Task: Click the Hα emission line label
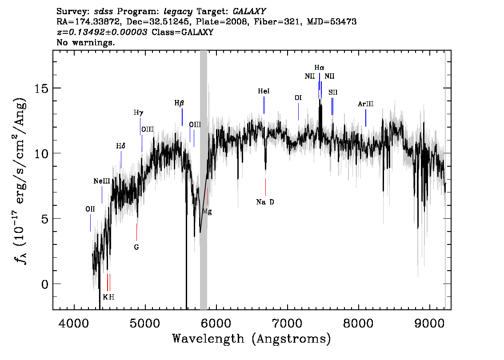(319, 68)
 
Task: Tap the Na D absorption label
(265, 202)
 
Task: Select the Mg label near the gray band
(207, 212)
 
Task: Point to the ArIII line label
(365, 104)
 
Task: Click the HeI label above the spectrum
(264, 91)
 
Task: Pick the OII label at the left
(90, 209)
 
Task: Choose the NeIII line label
(102, 181)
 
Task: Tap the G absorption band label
(136, 247)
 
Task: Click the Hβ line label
(179, 103)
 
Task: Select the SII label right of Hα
(333, 92)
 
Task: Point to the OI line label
(298, 98)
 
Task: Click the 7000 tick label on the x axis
(287, 324)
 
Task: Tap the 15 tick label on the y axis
(41, 88)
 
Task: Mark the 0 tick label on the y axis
(45, 284)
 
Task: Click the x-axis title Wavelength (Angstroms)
(252, 339)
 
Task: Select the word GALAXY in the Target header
(249, 12)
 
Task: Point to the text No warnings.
(85, 42)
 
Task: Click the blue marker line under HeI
(264, 105)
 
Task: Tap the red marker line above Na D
(265, 187)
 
